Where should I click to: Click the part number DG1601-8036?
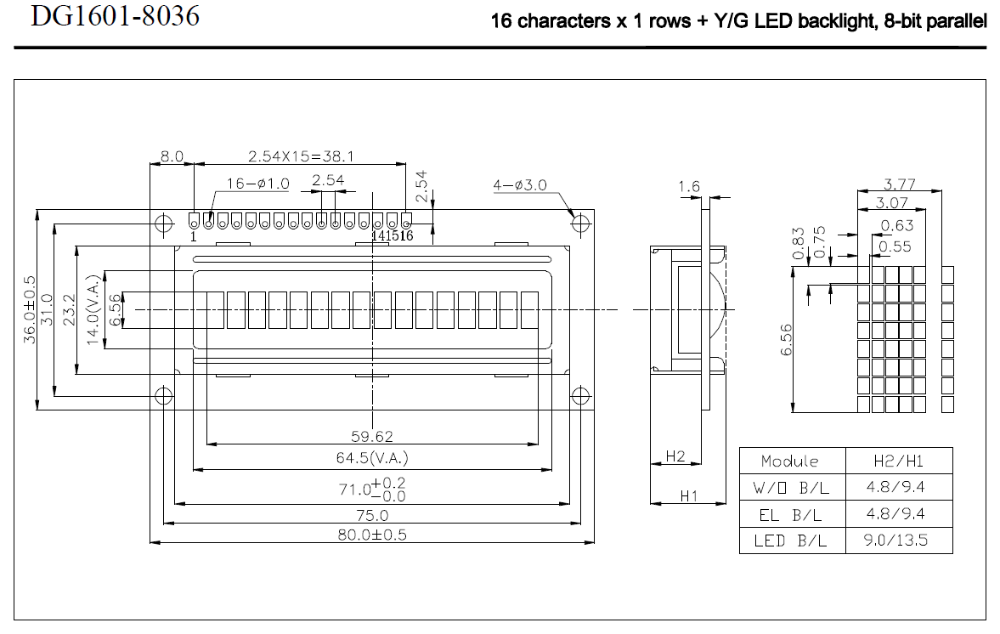click(x=116, y=15)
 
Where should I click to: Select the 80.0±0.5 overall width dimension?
click(x=372, y=535)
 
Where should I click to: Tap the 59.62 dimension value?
click(x=372, y=436)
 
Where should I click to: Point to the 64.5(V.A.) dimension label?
click(x=372, y=459)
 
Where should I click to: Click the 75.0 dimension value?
click(x=372, y=515)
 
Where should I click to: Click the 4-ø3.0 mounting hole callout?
click(x=520, y=185)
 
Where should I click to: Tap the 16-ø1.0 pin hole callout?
click(x=258, y=184)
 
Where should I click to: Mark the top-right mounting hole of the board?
click(x=581, y=224)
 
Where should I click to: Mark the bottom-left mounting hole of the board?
click(x=163, y=395)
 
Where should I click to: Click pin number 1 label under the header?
click(x=194, y=236)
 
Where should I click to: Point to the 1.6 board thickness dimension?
click(x=690, y=186)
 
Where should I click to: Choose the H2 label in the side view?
click(x=675, y=456)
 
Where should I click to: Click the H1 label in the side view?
click(x=688, y=495)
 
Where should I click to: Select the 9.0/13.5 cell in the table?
click(x=899, y=541)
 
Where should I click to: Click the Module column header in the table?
click(x=790, y=461)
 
